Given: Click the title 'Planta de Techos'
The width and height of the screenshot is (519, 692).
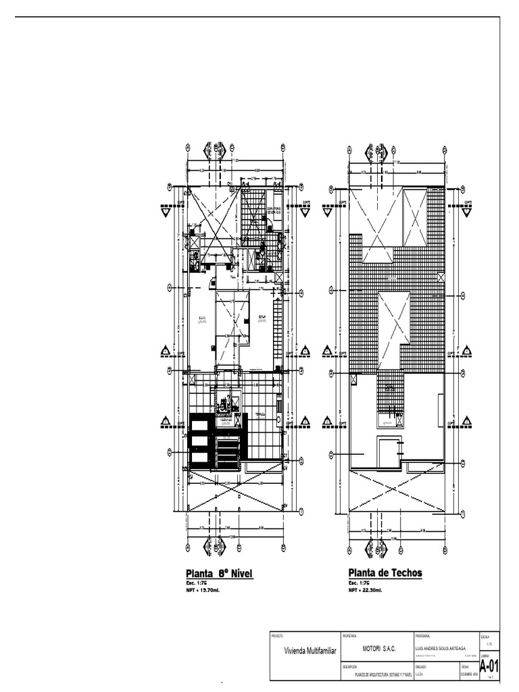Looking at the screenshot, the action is (x=385, y=573).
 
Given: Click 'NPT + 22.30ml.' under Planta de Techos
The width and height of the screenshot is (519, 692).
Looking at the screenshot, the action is (x=365, y=589).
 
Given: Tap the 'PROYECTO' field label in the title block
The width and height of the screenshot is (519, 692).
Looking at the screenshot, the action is (x=277, y=637).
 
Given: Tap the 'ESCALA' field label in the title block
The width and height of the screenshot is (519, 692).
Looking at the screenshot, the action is (x=485, y=637).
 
